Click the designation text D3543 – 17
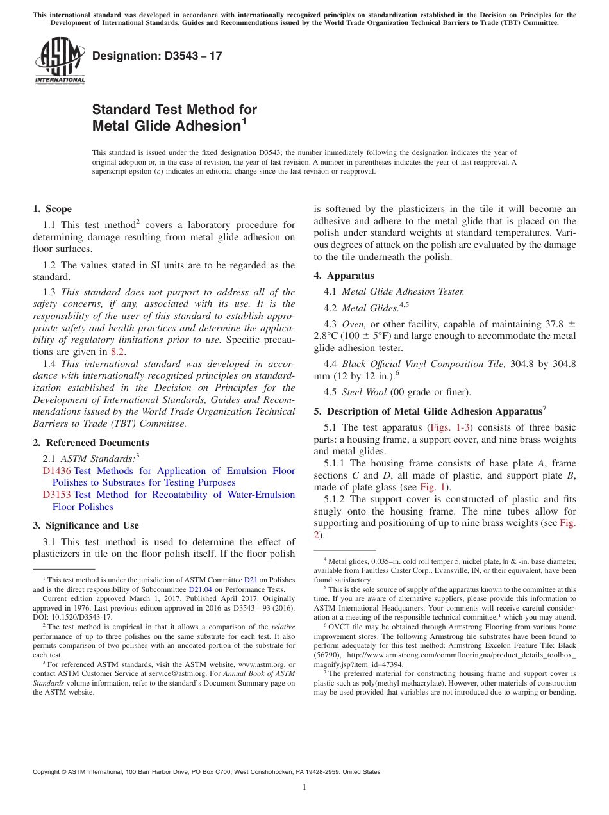coord(157,56)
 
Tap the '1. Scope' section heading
coord(53,209)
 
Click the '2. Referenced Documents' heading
coord(90,443)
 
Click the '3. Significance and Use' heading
coord(85,525)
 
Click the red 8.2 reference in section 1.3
coord(117,351)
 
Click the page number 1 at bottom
coord(304,787)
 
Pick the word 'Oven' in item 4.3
coord(353,324)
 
